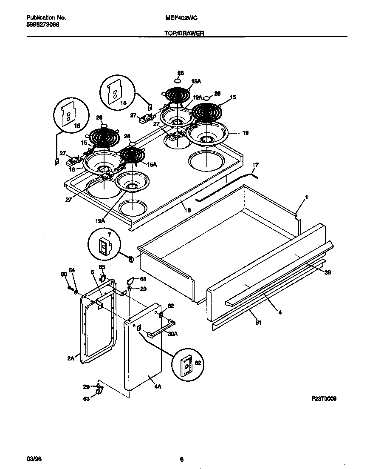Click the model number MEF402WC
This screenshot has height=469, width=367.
[180, 18]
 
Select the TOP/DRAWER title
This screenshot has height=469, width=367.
[184, 33]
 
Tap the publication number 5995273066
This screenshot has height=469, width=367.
[43, 25]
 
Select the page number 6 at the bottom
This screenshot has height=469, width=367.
[181, 459]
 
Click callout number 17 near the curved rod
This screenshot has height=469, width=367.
[255, 164]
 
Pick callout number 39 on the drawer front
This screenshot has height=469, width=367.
[327, 272]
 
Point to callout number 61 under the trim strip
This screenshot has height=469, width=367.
[258, 322]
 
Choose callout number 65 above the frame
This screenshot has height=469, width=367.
[102, 267]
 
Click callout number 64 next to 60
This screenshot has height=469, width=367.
[72, 270]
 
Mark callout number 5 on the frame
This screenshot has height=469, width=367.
[92, 272]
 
